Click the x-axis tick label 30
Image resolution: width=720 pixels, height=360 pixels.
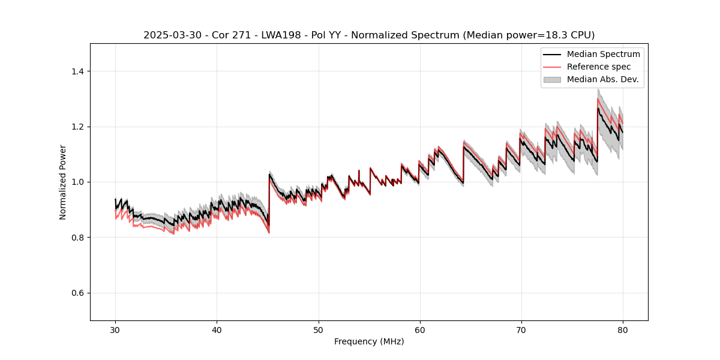(x=115, y=330)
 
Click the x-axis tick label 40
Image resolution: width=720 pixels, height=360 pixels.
(x=217, y=330)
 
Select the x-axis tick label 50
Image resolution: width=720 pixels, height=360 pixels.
(x=319, y=330)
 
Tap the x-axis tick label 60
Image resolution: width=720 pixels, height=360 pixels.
(x=420, y=330)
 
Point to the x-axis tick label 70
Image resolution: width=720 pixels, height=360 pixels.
(x=521, y=330)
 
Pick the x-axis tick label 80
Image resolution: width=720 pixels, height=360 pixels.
(x=623, y=330)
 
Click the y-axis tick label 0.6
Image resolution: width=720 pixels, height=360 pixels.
(x=77, y=293)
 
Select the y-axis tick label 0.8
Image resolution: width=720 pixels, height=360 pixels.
(x=77, y=238)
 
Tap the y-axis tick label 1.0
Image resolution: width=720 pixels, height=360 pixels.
(x=77, y=182)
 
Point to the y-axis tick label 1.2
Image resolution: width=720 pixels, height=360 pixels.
(x=77, y=127)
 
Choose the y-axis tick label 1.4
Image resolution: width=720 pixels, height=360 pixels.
(x=77, y=71)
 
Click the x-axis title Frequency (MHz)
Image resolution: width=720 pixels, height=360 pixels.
(x=369, y=341)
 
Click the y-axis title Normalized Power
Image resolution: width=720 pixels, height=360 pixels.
(x=63, y=182)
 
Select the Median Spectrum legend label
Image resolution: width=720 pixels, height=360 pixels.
(x=603, y=54)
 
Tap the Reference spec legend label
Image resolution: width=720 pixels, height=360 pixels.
(x=599, y=67)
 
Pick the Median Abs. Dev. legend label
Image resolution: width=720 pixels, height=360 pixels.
(x=602, y=79)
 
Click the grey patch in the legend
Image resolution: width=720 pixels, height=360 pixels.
(x=552, y=79)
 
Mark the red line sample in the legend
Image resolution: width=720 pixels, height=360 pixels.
(x=552, y=67)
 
